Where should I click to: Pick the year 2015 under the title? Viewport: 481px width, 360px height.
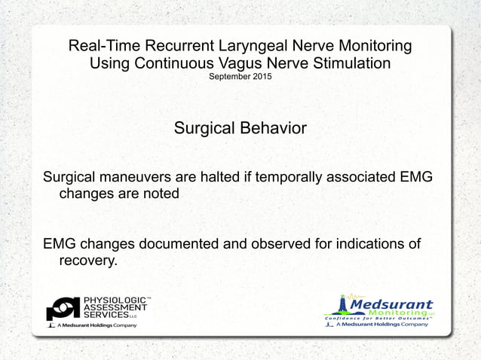click(x=261, y=78)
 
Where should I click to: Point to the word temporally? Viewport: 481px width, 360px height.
click(x=283, y=178)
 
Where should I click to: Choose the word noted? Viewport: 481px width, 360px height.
click(x=161, y=194)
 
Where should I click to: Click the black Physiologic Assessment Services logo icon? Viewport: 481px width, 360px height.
click(x=63, y=309)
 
